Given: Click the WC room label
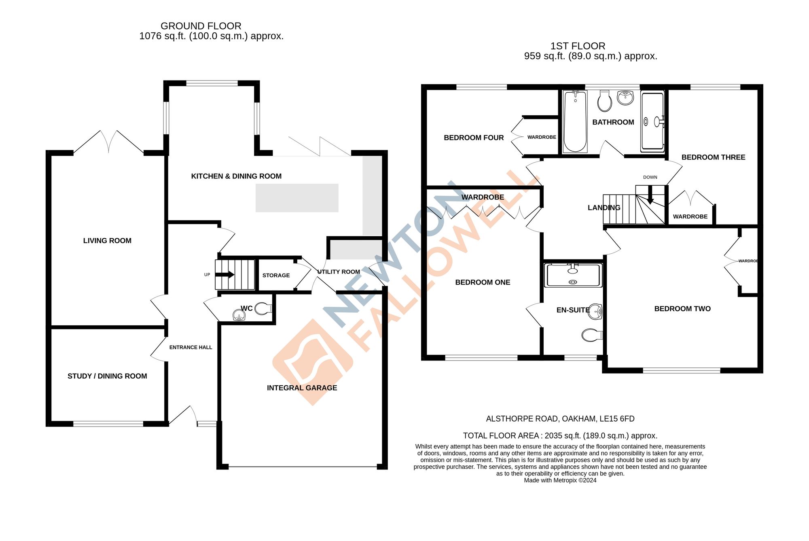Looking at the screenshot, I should pyautogui.click(x=246, y=308).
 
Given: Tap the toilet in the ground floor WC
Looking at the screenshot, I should pyautogui.click(x=263, y=309).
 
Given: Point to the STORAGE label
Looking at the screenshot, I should pyautogui.click(x=276, y=276).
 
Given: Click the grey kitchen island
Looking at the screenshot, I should pyautogui.click(x=297, y=198).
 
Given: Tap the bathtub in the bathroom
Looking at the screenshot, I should pyautogui.click(x=575, y=121).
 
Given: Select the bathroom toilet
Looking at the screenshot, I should pyautogui.click(x=605, y=101).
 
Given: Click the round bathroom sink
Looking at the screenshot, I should pyautogui.click(x=625, y=98).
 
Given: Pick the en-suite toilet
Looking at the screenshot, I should pyautogui.click(x=591, y=335).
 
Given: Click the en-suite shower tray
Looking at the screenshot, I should pyautogui.click(x=573, y=275).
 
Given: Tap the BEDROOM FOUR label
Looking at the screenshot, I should pyautogui.click(x=474, y=138).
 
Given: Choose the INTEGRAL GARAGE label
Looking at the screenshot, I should pyautogui.click(x=302, y=388).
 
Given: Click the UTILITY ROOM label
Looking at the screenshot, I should pyautogui.click(x=339, y=272).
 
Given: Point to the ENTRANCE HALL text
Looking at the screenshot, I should pyautogui.click(x=191, y=348).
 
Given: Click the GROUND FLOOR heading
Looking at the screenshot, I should pyautogui.click(x=201, y=26).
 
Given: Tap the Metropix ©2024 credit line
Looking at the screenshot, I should pyautogui.click(x=560, y=480).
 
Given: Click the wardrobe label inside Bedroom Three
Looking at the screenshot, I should pyautogui.click(x=690, y=217).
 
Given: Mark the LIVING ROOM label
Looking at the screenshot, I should pyautogui.click(x=107, y=241).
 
